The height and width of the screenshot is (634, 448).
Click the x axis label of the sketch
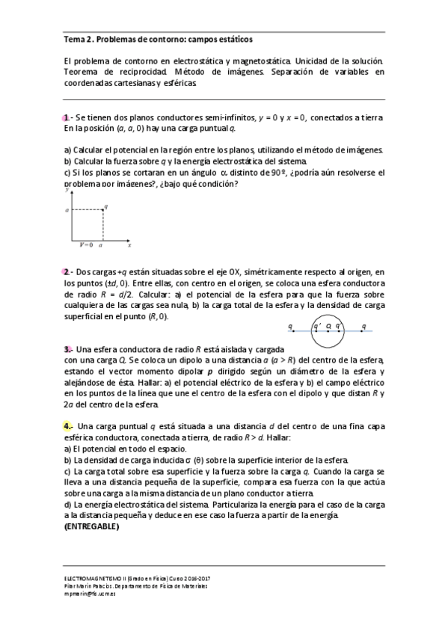pos(129,244)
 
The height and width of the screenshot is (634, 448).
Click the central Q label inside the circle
pos(328,327)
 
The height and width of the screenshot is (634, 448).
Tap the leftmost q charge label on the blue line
pos(289,326)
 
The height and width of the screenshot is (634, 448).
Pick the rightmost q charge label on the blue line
pos(363,326)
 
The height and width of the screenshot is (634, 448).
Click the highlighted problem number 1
pos(67,117)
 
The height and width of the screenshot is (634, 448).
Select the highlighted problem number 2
pos(67,271)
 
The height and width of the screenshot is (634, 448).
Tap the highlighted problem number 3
pos(67,348)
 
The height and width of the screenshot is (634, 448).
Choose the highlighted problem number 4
pos(67,425)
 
